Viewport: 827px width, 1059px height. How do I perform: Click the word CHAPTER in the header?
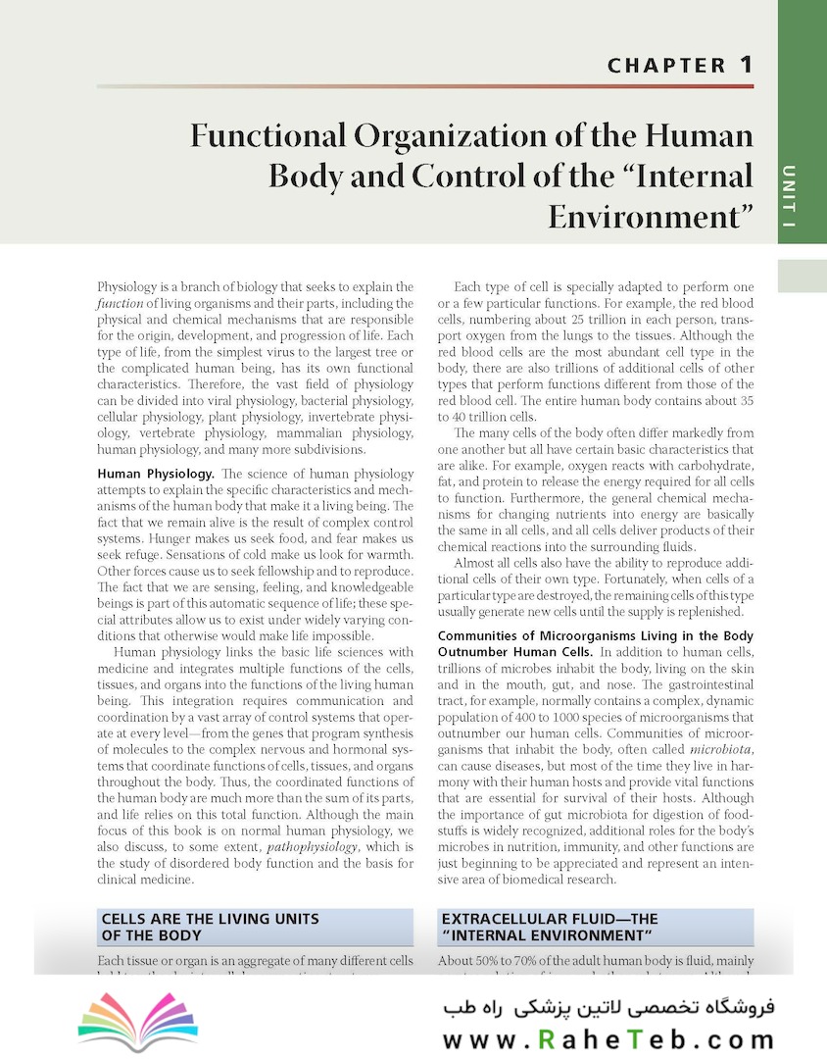point(666,67)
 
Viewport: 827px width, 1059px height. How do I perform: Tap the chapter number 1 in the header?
point(746,66)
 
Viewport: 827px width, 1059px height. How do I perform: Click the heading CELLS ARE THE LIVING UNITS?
point(211,919)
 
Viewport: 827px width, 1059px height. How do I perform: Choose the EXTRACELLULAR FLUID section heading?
point(549,919)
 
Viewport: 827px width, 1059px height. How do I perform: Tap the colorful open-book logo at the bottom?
point(124,1022)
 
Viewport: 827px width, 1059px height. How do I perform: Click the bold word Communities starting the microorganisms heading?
point(484,636)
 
